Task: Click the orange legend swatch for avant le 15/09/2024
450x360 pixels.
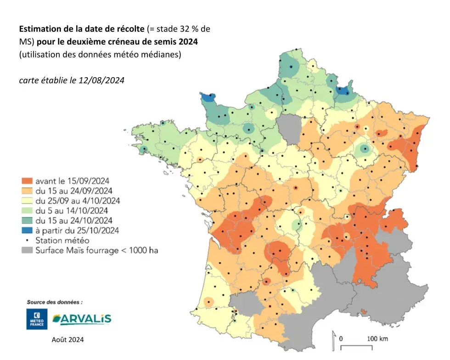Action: click(x=25, y=181)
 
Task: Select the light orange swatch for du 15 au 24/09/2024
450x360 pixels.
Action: click(x=25, y=191)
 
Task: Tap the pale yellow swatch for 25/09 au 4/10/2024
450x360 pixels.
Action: click(x=25, y=201)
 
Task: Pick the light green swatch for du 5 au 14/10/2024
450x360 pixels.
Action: click(x=25, y=210)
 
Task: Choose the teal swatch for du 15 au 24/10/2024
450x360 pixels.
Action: click(x=25, y=220)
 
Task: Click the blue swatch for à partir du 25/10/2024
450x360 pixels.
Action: click(x=25, y=230)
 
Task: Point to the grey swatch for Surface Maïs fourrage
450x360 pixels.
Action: click(x=25, y=250)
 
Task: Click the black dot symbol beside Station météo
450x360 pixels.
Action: click(x=25, y=240)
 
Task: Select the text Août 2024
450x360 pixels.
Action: click(x=68, y=340)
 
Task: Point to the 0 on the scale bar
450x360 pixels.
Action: click(x=342, y=338)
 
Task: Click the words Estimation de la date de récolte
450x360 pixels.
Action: click(x=82, y=29)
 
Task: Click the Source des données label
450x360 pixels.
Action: click(x=55, y=302)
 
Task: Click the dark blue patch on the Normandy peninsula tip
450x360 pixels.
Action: click(x=208, y=97)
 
